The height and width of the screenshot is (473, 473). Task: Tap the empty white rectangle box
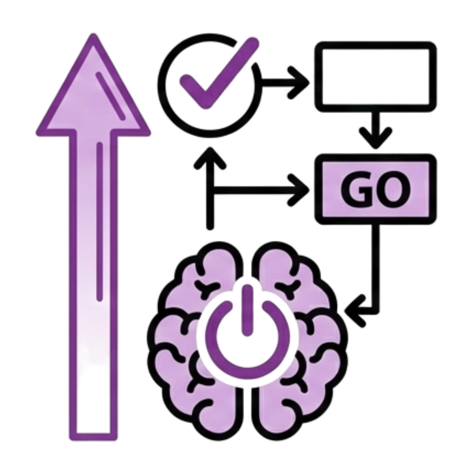[375, 77]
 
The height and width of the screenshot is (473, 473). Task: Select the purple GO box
[375, 189]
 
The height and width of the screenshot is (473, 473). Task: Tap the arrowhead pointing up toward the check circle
[210, 157]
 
